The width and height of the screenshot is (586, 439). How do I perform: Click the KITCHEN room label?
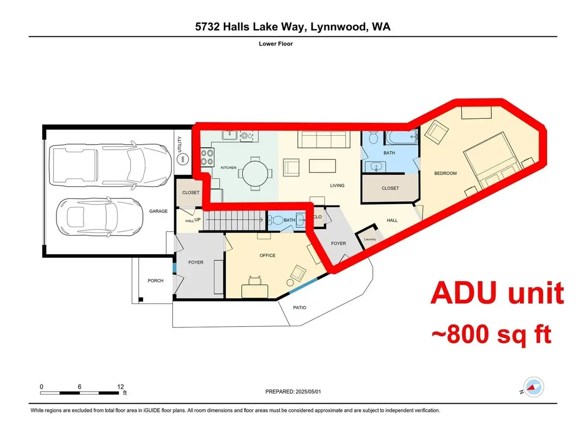click(x=228, y=168)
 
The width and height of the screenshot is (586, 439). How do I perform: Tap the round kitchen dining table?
click(x=255, y=174)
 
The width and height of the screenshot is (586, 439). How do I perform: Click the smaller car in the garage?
click(x=99, y=217)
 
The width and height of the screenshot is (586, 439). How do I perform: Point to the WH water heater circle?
click(x=183, y=160)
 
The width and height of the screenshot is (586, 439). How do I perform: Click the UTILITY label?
click(x=179, y=144)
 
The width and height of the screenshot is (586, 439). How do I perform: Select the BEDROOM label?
click(x=445, y=173)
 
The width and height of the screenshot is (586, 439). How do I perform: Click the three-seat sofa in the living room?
click(x=324, y=139)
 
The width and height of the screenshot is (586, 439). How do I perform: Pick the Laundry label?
click(x=370, y=239)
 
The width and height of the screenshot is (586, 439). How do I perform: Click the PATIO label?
click(x=299, y=308)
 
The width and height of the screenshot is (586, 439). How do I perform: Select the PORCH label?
click(x=155, y=281)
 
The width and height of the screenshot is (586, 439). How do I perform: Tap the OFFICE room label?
click(x=267, y=255)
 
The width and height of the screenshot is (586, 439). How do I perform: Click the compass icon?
click(x=533, y=387)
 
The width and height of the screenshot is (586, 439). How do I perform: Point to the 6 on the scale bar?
click(x=79, y=387)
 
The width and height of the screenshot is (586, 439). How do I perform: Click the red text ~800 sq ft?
click(x=491, y=334)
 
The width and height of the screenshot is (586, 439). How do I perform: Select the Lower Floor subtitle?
click(x=276, y=44)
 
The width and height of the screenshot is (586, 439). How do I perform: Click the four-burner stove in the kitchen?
click(x=207, y=157)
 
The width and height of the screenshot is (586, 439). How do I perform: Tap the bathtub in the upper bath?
click(x=401, y=138)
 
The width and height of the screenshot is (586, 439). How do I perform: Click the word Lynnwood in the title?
click(x=338, y=27)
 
